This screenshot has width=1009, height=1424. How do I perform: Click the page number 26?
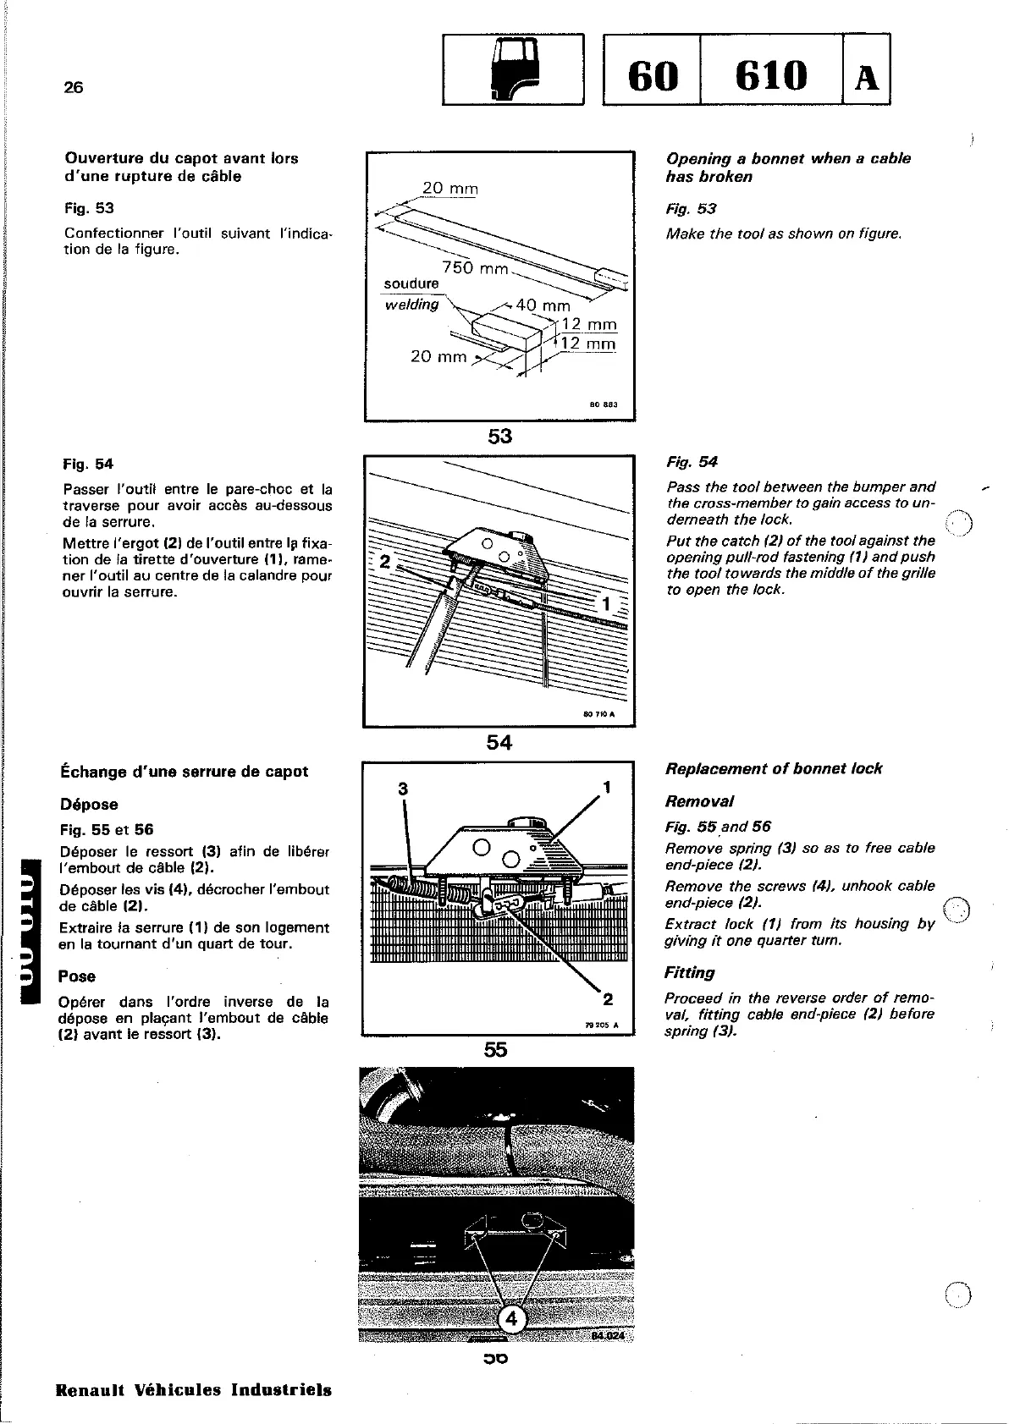(74, 87)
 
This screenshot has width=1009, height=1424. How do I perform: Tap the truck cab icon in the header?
(512, 69)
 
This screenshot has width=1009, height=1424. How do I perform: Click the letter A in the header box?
(866, 78)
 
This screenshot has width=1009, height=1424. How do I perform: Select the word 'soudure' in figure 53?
(411, 283)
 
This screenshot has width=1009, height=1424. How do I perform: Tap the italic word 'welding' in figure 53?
(412, 305)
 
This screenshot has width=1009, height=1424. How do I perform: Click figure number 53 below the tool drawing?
(499, 437)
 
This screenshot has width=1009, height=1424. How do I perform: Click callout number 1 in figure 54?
(605, 604)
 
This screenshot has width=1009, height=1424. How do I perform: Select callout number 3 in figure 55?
(403, 789)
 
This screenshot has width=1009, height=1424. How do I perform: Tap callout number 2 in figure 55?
(607, 999)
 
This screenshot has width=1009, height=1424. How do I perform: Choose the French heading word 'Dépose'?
(89, 805)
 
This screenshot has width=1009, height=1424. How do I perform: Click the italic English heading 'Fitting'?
(690, 973)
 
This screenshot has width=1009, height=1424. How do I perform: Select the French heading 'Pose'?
(77, 976)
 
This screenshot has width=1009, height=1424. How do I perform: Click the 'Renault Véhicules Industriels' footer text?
(194, 1390)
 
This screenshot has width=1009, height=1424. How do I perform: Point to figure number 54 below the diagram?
(499, 743)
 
